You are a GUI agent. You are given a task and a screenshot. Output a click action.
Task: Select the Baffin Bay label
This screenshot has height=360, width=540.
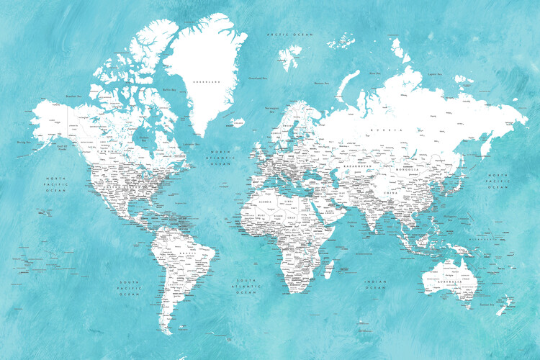[169, 89]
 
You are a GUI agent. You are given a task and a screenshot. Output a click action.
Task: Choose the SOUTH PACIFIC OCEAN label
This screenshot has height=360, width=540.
[129, 288]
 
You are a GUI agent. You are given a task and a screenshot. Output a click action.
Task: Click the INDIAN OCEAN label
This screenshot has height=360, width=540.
[375, 286]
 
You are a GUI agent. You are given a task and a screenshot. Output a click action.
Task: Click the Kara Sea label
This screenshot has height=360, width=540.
[374, 73]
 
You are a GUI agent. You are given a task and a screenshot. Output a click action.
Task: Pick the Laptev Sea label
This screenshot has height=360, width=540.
[433, 73]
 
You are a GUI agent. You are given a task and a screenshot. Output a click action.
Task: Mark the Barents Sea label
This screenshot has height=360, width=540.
[321, 84]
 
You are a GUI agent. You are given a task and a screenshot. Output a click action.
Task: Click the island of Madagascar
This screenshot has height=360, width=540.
[330, 269]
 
